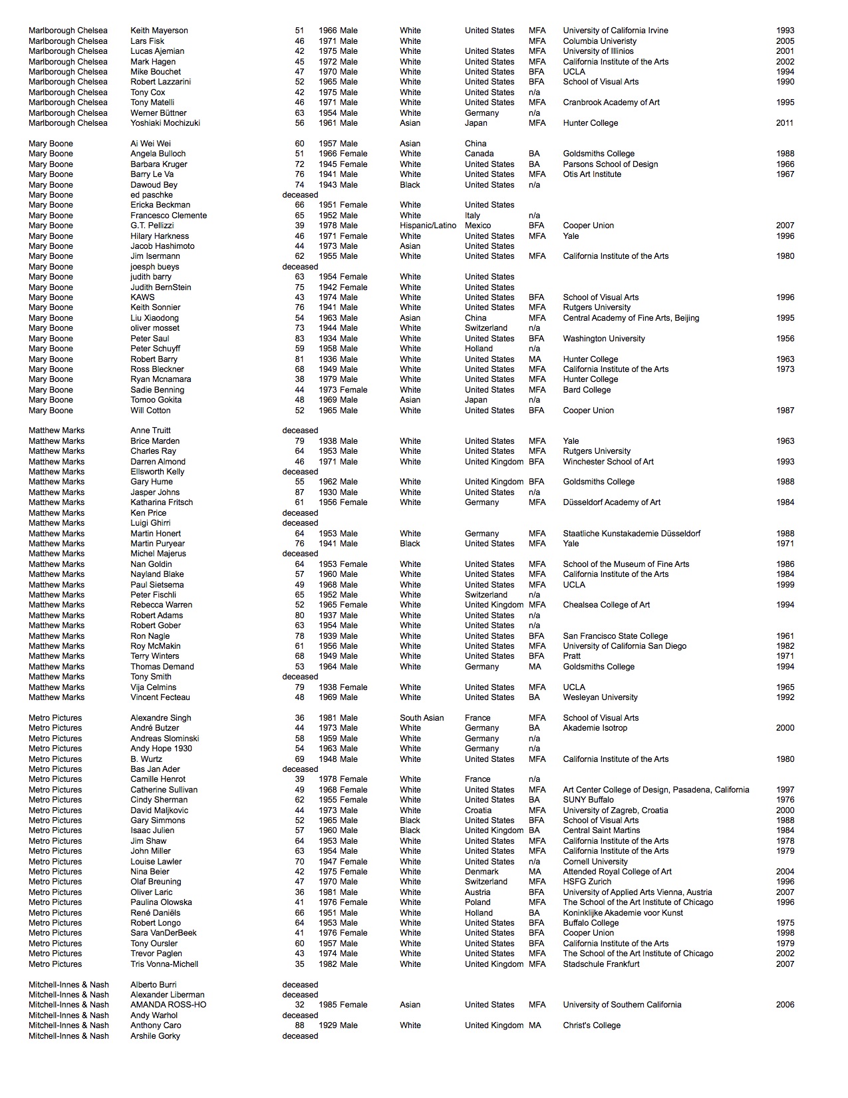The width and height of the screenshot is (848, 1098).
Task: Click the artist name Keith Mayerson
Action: [x=159, y=31]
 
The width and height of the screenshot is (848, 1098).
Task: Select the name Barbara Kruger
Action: [x=159, y=164]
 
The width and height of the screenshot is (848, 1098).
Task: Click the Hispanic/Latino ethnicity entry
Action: [x=428, y=226]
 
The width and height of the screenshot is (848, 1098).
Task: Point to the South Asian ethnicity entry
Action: [x=422, y=718]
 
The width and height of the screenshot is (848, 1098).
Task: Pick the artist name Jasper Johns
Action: [x=155, y=492]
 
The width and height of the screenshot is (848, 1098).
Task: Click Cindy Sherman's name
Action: [x=159, y=800]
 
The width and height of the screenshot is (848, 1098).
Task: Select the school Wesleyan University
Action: [x=600, y=697]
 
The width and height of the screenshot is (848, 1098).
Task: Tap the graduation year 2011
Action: [x=785, y=123]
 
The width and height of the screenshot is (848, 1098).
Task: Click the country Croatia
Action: [x=478, y=811]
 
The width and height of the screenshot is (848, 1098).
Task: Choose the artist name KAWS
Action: [x=142, y=297]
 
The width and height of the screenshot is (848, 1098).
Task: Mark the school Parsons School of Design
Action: [x=611, y=164]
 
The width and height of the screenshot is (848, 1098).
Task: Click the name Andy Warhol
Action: [x=154, y=1015]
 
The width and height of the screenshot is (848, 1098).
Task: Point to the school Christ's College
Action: [x=591, y=1025]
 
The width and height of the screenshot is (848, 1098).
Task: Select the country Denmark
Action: [x=482, y=872]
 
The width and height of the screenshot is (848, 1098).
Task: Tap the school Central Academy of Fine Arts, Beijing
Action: [x=631, y=318]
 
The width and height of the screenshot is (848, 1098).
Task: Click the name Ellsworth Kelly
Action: [x=158, y=472]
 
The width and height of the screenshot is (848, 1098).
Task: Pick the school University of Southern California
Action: [x=622, y=1005]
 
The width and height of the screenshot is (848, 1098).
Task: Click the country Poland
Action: [x=478, y=902]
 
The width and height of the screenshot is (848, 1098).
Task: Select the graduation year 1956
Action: [x=785, y=339]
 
